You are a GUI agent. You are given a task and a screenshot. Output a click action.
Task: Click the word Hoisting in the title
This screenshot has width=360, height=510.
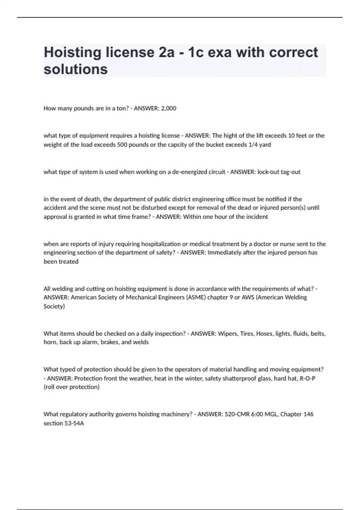(x=72, y=53)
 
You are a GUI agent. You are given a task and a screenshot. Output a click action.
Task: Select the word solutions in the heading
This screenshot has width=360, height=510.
(x=76, y=69)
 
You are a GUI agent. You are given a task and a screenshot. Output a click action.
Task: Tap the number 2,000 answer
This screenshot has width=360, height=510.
(x=169, y=108)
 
